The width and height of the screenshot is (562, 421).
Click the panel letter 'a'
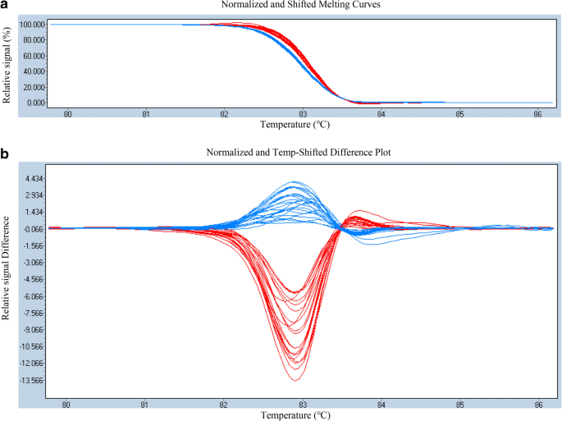(6, 7)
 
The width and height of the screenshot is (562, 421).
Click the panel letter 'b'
(6, 153)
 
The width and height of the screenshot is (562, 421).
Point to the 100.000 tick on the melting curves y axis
(30, 25)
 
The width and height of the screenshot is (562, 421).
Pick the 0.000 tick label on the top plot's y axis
(34, 103)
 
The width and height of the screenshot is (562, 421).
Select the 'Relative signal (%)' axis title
(7, 63)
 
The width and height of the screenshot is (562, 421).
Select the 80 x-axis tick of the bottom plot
(66, 404)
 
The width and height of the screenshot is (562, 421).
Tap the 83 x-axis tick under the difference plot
(303, 404)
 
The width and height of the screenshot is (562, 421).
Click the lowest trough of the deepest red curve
(295, 381)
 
